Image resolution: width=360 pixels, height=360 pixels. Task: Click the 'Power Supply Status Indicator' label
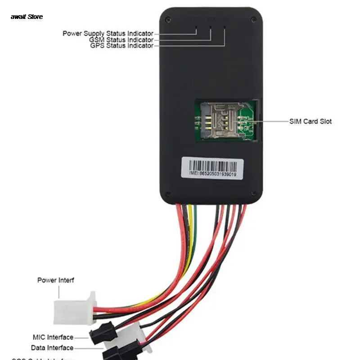click(x=108, y=33)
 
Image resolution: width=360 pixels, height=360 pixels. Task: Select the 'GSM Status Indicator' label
click(x=121, y=40)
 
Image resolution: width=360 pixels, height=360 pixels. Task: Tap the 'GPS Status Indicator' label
click(x=121, y=46)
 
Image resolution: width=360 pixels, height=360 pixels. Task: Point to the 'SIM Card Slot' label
click(x=310, y=121)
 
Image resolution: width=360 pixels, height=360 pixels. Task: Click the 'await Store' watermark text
click(x=27, y=17)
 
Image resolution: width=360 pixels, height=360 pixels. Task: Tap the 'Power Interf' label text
click(x=55, y=280)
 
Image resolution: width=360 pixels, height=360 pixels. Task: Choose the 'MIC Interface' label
click(x=53, y=337)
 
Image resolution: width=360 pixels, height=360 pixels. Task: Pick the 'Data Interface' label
click(x=52, y=348)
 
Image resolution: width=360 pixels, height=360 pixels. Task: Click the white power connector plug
click(x=74, y=308)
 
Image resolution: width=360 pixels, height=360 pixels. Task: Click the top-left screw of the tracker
click(x=167, y=19)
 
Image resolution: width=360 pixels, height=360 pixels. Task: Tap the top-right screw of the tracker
click(x=255, y=19)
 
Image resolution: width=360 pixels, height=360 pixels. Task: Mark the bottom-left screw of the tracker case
click(x=167, y=194)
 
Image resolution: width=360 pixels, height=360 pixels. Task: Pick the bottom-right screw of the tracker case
click(x=256, y=194)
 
